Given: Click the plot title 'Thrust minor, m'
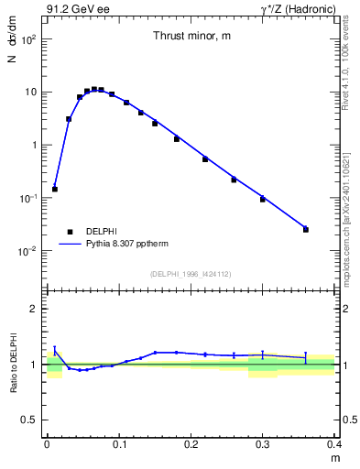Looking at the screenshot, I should (191, 36).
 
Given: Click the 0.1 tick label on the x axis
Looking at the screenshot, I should (119, 443).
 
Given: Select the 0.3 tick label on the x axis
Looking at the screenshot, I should (263, 443).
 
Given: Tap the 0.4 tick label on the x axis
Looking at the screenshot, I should (333, 443).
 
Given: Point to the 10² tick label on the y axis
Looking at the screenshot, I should (28, 39).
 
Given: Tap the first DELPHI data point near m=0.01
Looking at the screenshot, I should (55, 189).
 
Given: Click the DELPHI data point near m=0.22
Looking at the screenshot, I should (205, 159).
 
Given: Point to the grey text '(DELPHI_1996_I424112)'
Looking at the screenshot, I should (191, 273).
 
